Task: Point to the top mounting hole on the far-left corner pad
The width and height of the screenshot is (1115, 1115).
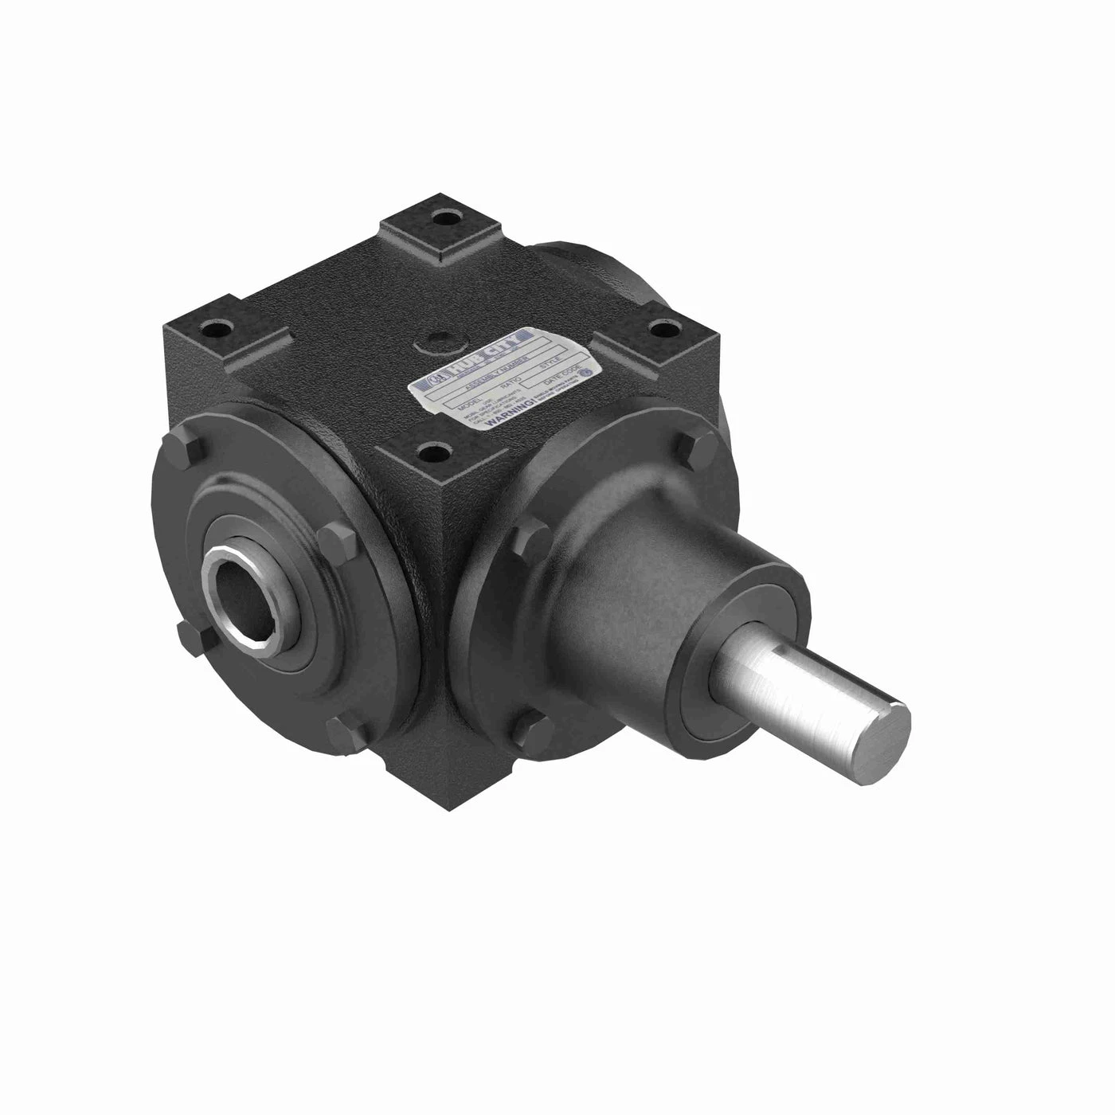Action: (x=217, y=327)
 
